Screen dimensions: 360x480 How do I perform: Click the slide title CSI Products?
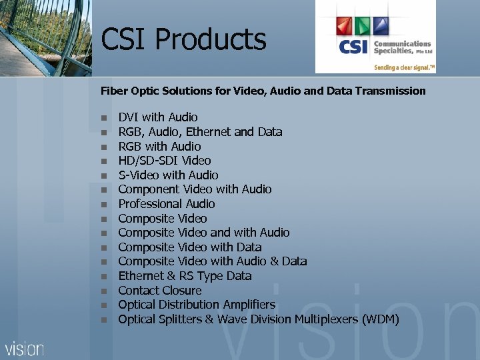tap(183, 39)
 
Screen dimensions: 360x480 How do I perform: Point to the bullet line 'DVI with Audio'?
tap(158, 117)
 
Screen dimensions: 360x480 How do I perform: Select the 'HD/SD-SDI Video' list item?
tap(165, 161)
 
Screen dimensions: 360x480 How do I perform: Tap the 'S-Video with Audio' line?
tap(168, 175)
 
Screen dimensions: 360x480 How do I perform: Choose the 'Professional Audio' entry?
tap(167, 204)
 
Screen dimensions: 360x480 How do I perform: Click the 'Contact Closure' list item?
tap(160, 291)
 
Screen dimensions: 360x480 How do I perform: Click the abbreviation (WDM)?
tap(380, 319)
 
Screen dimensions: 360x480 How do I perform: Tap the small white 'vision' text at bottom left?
tap(25, 349)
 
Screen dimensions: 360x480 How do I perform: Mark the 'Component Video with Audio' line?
tap(195, 189)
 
